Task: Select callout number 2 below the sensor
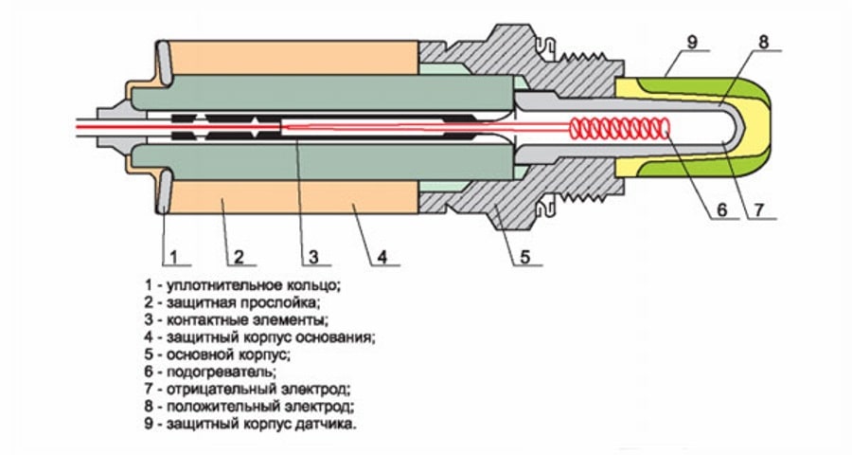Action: (239, 256)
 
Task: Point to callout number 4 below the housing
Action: (382, 256)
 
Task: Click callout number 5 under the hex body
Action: (524, 256)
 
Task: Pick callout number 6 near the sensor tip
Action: (721, 210)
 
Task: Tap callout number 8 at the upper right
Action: (762, 41)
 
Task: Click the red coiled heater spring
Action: (620, 127)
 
